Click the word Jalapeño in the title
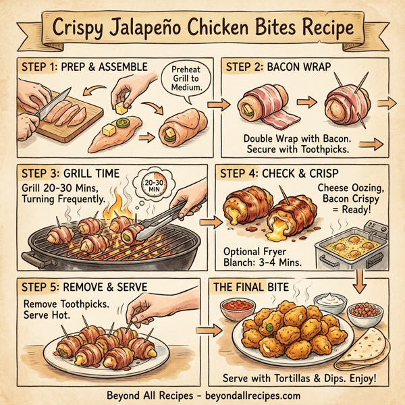(155, 29)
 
